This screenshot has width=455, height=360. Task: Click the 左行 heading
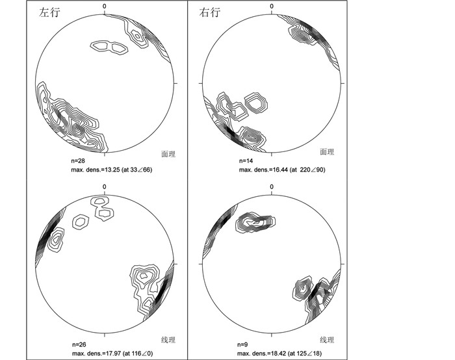tap(49, 12)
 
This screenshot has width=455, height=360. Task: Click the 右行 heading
tap(209, 12)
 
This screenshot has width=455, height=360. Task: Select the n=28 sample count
tap(78, 161)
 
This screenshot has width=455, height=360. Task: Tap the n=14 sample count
tap(246, 161)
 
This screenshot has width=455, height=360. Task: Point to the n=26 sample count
tap(79, 344)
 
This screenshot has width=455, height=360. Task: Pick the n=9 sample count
tap(242, 344)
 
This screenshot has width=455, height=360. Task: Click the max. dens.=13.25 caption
tap(112, 170)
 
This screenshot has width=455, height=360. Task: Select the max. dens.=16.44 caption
tap(282, 170)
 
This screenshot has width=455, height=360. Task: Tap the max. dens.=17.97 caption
tap(112, 354)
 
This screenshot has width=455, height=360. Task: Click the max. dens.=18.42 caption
tap(279, 354)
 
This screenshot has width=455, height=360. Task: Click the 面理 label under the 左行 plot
tap(168, 154)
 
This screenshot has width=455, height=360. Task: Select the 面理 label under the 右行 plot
tap(327, 151)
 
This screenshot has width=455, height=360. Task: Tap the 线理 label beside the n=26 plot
tap(168, 340)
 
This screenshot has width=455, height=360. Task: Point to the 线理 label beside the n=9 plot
tap(327, 340)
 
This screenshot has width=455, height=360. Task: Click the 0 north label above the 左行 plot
tap(105, 6)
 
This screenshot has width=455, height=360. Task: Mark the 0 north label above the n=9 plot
tap(272, 186)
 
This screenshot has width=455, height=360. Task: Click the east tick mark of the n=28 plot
tap(175, 83)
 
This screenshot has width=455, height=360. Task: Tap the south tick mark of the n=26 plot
tap(105, 335)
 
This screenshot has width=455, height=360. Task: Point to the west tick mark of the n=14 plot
tap(200, 83)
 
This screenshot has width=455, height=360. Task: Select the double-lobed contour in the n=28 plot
tap(109, 47)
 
